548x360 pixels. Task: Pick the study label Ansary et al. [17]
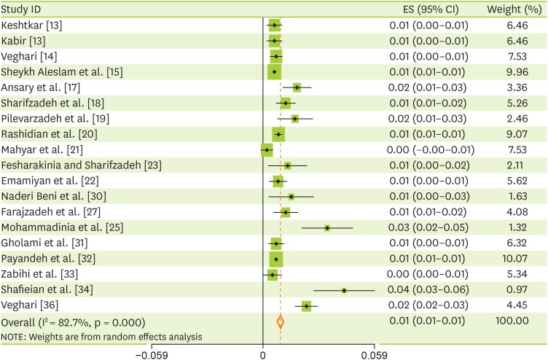46,87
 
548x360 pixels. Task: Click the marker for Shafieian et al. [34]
343,290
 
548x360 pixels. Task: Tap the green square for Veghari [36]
306,306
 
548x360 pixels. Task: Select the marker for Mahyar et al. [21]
266,149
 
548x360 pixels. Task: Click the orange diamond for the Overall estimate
280,321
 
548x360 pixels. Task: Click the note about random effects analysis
102,336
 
